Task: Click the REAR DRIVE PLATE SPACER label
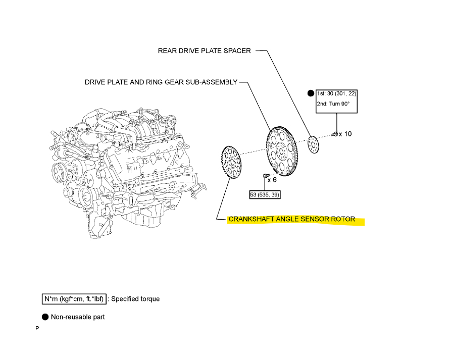pos(204,51)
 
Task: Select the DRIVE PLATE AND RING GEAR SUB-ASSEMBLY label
pos(160,82)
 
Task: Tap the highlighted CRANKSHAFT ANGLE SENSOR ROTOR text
pos(292,220)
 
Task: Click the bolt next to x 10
pos(334,134)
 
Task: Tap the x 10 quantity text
pos(345,134)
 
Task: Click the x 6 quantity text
pos(272,180)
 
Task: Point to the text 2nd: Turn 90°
pos(333,104)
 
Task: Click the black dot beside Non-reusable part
pos(45,317)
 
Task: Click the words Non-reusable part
pos(78,317)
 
